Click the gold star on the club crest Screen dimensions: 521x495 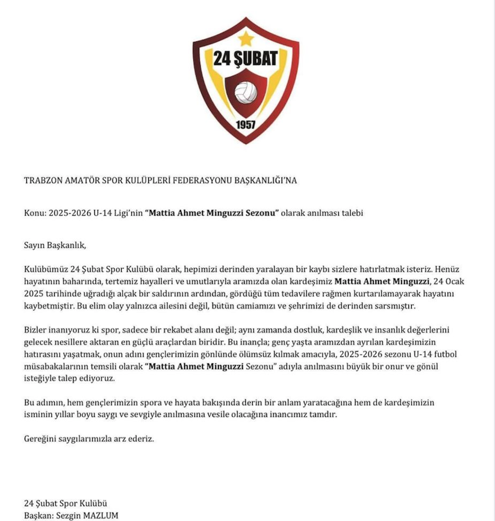[x=246, y=39]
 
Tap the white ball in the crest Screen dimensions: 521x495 [x=246, y=93]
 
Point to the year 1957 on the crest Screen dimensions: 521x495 [x=246, y=125]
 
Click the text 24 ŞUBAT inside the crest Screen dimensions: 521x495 [x=246, y=58]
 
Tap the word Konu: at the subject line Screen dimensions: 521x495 [x=35, y=213]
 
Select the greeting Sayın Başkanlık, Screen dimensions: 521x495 [x=55, y=245]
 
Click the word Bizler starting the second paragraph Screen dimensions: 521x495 [x=35, y=330]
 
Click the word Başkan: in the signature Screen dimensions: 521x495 [x=39, y=516]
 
